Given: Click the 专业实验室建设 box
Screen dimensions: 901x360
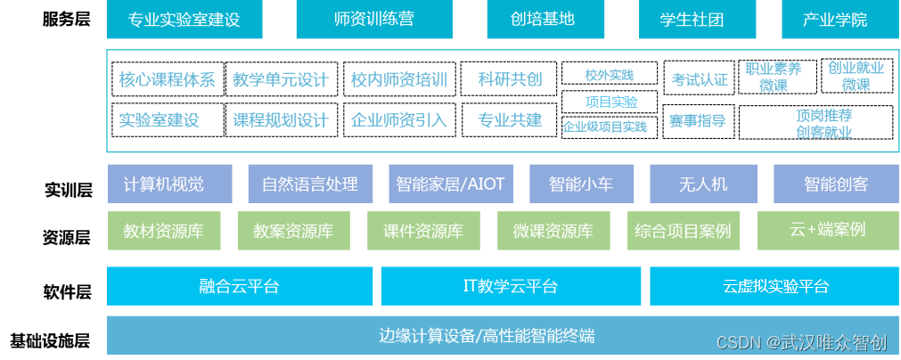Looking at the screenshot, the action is click(x=184, y=20).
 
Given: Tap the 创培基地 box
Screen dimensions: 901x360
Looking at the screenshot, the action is click(x=543, y=20).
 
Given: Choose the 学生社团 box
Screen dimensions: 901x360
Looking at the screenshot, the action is click(x=692, y=20).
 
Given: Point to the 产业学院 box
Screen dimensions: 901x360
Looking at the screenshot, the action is click(x=834, y=20).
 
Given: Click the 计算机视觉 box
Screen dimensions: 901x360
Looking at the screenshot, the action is click(x=170, y=184).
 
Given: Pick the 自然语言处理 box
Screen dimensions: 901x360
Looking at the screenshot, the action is click(x=309, y=184).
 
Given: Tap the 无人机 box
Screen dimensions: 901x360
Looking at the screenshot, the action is click(x=703, y=184).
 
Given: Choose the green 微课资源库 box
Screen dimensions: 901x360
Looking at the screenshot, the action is click(x=553, y=231).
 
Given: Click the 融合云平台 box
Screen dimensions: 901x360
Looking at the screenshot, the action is click(x=238, y=286).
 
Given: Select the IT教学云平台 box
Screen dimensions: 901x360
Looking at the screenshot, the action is click(x=511, y=286).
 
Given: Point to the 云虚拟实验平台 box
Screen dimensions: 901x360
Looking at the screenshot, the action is click(x=775, y=286).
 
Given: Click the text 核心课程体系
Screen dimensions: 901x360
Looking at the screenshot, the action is click(x=167, y=79).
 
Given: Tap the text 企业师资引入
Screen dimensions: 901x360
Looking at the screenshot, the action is click(x=398, y=119).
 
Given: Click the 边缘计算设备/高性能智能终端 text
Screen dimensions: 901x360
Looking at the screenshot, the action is click(x=487, y=336).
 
